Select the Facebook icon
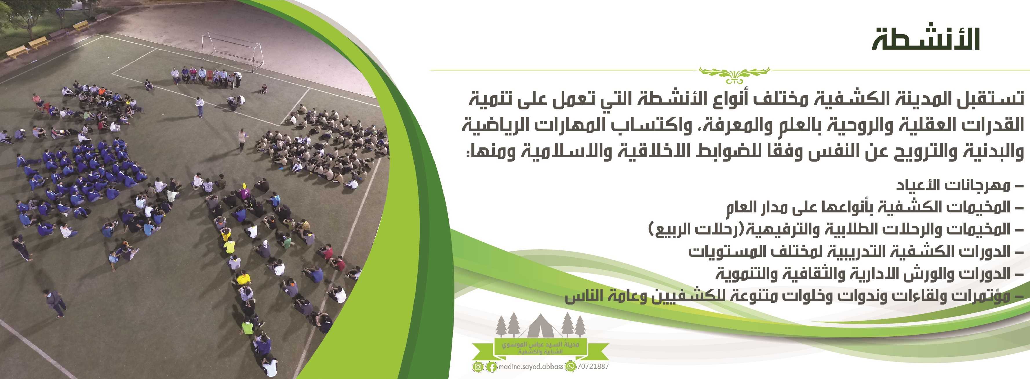492,367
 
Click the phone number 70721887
593,366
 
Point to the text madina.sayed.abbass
531,367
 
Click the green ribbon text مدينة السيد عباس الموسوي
540,344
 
